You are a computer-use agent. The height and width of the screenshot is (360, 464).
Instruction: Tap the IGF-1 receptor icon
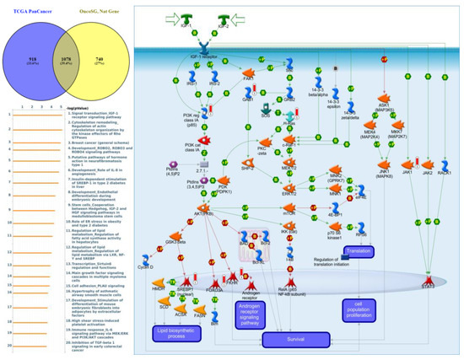tap(208, 52)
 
